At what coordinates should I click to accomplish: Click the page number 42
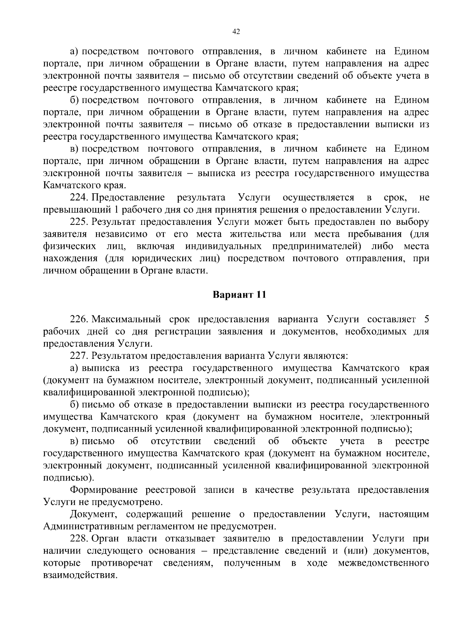point(236,32)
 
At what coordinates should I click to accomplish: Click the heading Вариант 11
point(239,295)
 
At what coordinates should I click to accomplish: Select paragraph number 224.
point(79,197)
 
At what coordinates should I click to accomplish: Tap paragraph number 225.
point(79,222)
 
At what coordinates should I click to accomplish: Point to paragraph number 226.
point(79,319)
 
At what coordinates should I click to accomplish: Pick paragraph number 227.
point(79,355)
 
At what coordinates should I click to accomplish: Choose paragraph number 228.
point(79,539)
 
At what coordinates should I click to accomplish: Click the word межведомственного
point(383,563)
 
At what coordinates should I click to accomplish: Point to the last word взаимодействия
point(79,575)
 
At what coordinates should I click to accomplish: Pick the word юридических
point(159,259)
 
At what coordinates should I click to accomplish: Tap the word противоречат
point(122,563)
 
